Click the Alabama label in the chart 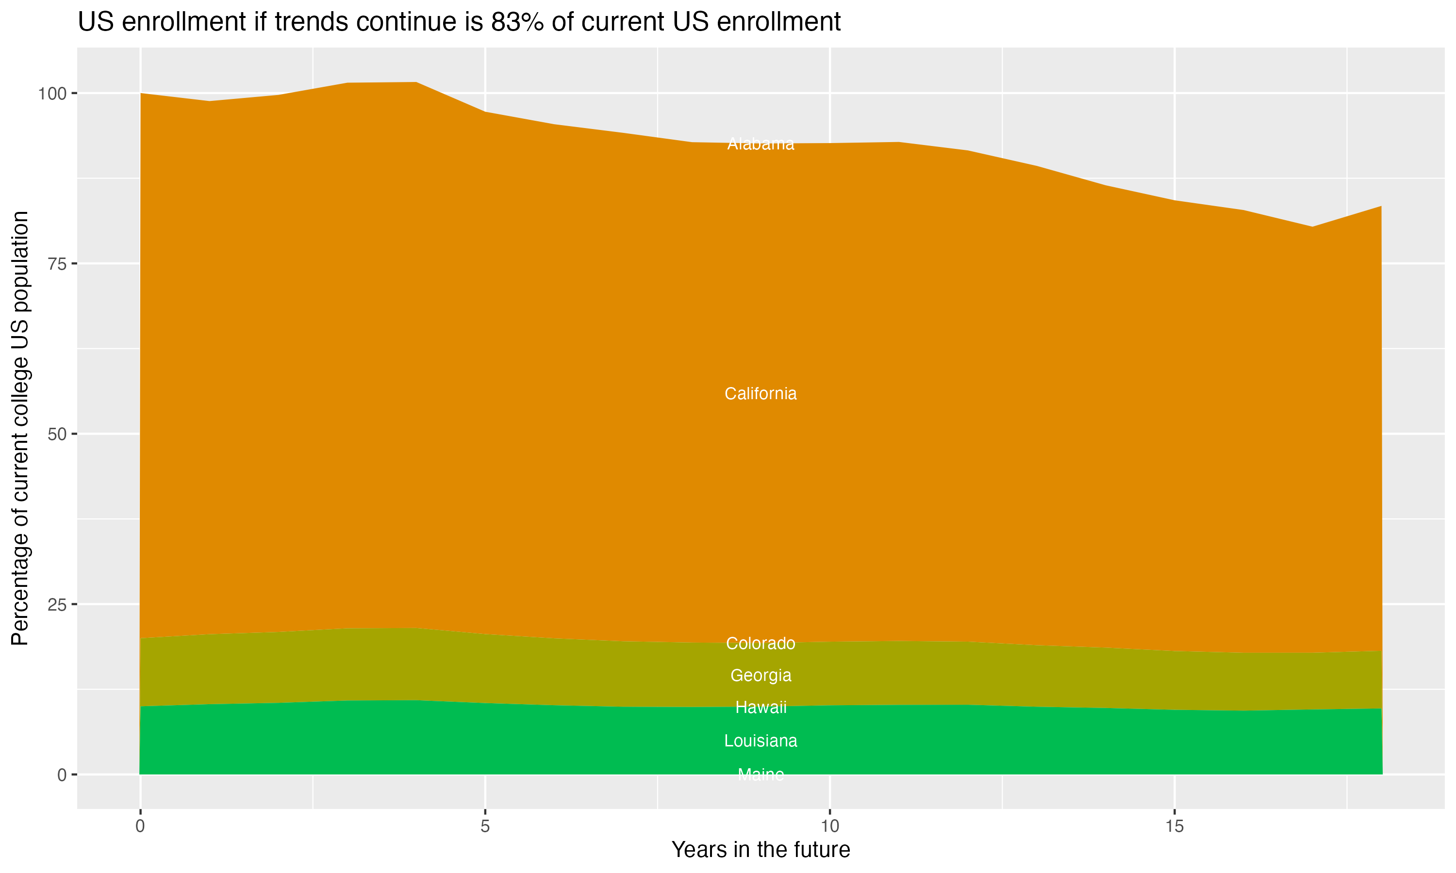pyautogui.click(x=761, y=144)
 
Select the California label pyautogui.click(x=761, y=393)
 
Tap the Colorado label pyautogui.click(x=761, y=644)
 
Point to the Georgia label pyautogui.click(x=761, y=675)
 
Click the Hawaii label pyautogui.click(x=761, y=707)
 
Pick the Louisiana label pyautogui.click(x=761, y=741)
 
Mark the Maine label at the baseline pyautogui.click(x=761, y=774)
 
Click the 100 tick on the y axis pyautogui.click(x=53, y=94)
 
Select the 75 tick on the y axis pyautogui.click(x=58, y=263)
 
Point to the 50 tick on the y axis pyautogui.click(x=58, y=434)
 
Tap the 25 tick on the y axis pyautogui.click(x=58, y=604)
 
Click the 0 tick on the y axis pyautogui.click(x=62, y=775)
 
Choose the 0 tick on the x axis pyautogui.click(x=140, y=826)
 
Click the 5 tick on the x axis pyautogui.click(x=485, y=826)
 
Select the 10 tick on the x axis pyautogui.click(x=829, y=826)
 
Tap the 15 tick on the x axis pyautogui.click(x=1174, y=826)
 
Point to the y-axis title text pyautogui.click(x=20, y=428)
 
